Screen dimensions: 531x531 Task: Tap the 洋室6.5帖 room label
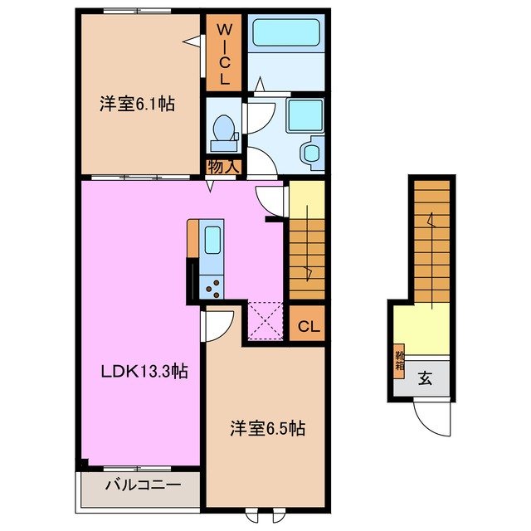[x=267, y=429]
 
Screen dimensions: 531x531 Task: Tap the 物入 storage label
[x=223, y=166]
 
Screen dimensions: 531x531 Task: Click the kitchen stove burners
[x=212, y=287]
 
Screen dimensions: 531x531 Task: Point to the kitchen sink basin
[x=211, y=241]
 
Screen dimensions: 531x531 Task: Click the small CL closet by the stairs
[x=305, y=325]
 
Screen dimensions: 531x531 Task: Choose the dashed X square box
[x=266, y=320]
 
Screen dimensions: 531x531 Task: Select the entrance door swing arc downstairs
[x=431, y=419]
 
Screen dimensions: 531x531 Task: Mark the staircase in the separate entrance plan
[x=431, y=241]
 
